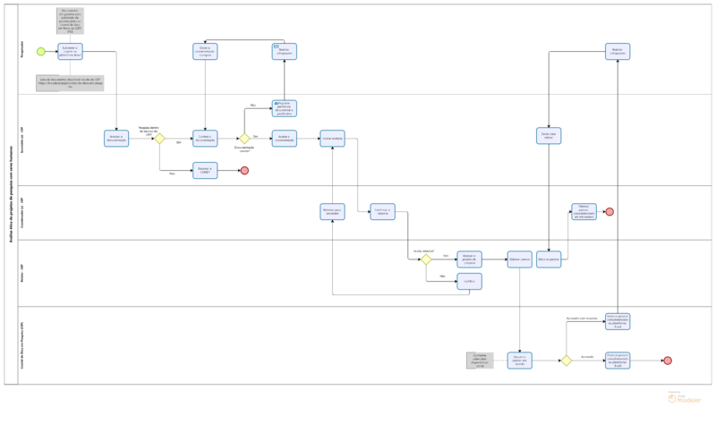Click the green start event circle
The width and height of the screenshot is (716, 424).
[x=40, y=51]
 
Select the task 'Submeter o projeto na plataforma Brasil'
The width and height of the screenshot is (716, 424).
[x=71, y=51]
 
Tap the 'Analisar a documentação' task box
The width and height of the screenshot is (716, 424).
[x=116, y=139]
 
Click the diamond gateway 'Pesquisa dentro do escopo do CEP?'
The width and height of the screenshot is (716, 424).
[x=159, y=139]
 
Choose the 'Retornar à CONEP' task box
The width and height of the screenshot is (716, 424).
[x=205, y=170]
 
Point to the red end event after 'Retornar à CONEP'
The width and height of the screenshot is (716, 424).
[x=244, y=170]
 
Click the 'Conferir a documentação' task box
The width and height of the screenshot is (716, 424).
[x=205, y=139]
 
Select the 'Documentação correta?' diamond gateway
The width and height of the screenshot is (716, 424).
[x=243, y=139]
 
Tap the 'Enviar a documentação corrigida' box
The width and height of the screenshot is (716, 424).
[x=205, y=51]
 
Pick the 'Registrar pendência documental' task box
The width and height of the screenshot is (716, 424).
[x=284, y=108]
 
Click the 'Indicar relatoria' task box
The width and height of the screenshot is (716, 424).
[x=332, y=139]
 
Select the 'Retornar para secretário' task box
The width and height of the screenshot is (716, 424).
[x=332, y=212]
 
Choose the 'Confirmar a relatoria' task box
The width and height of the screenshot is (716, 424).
[x=383, y=212]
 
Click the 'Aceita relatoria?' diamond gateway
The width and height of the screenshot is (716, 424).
[x=426, y=259]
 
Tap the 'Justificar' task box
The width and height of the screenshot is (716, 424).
[x=469, y=281]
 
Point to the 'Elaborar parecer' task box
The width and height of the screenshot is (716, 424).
[x=519, y=259]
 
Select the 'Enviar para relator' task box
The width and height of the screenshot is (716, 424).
[x=549, y=136]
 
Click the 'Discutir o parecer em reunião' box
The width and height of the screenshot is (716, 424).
[x=519, y=360]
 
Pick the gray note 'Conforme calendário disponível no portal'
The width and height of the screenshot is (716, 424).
[x=479, y=360]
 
